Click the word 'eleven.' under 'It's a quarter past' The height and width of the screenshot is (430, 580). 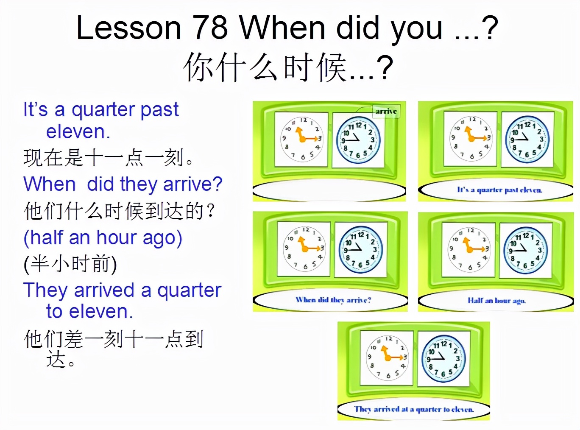78,132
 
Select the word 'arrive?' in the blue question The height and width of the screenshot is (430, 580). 193,184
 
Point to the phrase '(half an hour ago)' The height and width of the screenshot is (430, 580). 103,238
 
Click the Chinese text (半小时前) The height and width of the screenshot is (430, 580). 70,264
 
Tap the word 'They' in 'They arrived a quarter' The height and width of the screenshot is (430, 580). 45,290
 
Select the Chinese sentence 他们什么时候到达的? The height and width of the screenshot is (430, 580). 120,211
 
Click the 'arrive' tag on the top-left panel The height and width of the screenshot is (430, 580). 386,112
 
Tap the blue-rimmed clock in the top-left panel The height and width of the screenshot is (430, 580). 358,140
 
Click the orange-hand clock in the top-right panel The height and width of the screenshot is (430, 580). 470,139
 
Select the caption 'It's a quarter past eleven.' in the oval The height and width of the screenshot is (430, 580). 499,190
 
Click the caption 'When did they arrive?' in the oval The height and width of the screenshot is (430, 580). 333,300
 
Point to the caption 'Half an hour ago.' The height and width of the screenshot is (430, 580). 496,301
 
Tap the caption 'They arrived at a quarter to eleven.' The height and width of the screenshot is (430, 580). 414,409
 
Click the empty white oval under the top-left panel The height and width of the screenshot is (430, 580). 329,192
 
